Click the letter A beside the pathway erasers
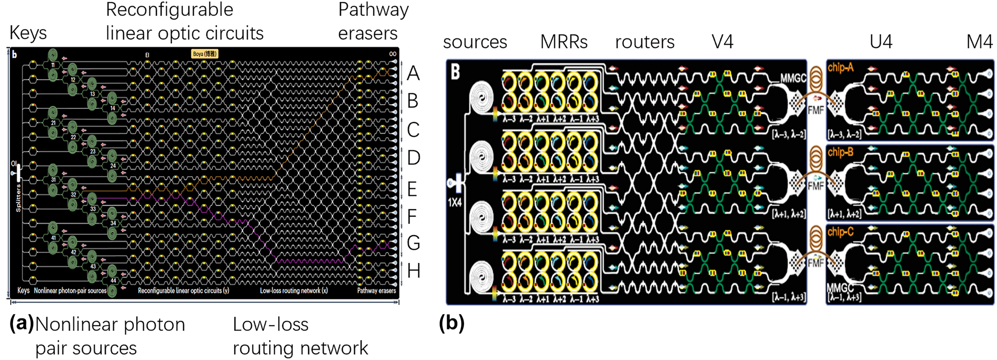click(413, 73)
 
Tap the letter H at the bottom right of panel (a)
click(414, 271)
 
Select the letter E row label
click(412, 190)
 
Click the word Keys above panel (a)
click(28, 33)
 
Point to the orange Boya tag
click(205, 53)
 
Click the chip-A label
click(840, 67)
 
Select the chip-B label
click(840, 152)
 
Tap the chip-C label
click(840, 232)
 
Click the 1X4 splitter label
click(455, 203)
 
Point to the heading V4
click(722, 42)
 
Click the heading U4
click(881, 42)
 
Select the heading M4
click(979, 42)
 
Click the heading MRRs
click(563, 42)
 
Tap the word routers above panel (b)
click(644, 42)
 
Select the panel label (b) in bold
click(452, 324)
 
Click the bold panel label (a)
click(21, 324)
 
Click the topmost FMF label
click(815, 110)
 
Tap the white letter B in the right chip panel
click(455, 72)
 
